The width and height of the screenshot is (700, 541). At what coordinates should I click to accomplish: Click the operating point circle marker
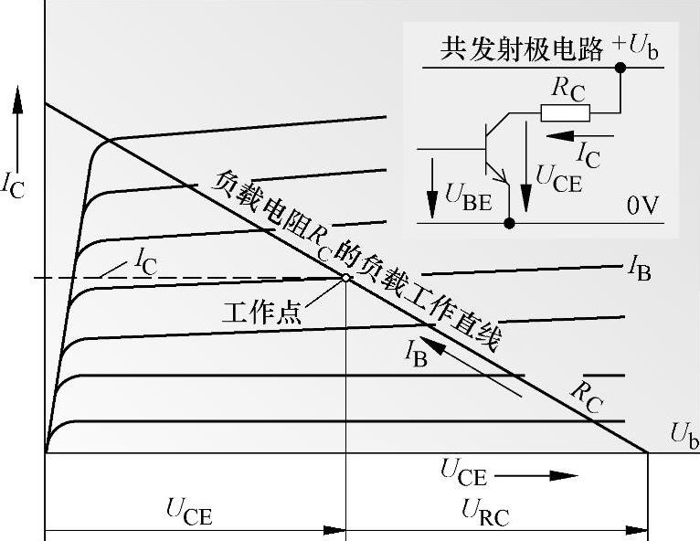[x=346, y=278]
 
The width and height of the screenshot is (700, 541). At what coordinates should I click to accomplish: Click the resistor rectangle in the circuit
[x=565, y=112]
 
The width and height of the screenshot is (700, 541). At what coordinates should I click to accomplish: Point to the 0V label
[x=643, y=207]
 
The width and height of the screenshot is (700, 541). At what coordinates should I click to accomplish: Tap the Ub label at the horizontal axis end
[x=684, y=435]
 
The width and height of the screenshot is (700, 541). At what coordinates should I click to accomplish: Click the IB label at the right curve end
[x=639, y=268]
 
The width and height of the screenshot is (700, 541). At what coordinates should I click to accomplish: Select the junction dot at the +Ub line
[x=620, y=68]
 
